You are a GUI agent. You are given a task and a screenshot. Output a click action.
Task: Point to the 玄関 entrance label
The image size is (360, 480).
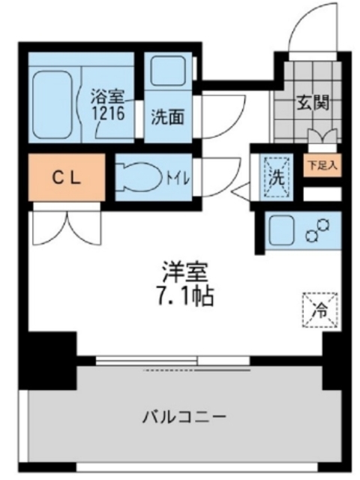click(x=313, y=103)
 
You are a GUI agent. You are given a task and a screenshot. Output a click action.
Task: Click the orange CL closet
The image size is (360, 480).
click(x=67, y=178)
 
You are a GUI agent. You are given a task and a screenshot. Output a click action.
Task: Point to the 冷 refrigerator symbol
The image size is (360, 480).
click(x=319, y=307)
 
